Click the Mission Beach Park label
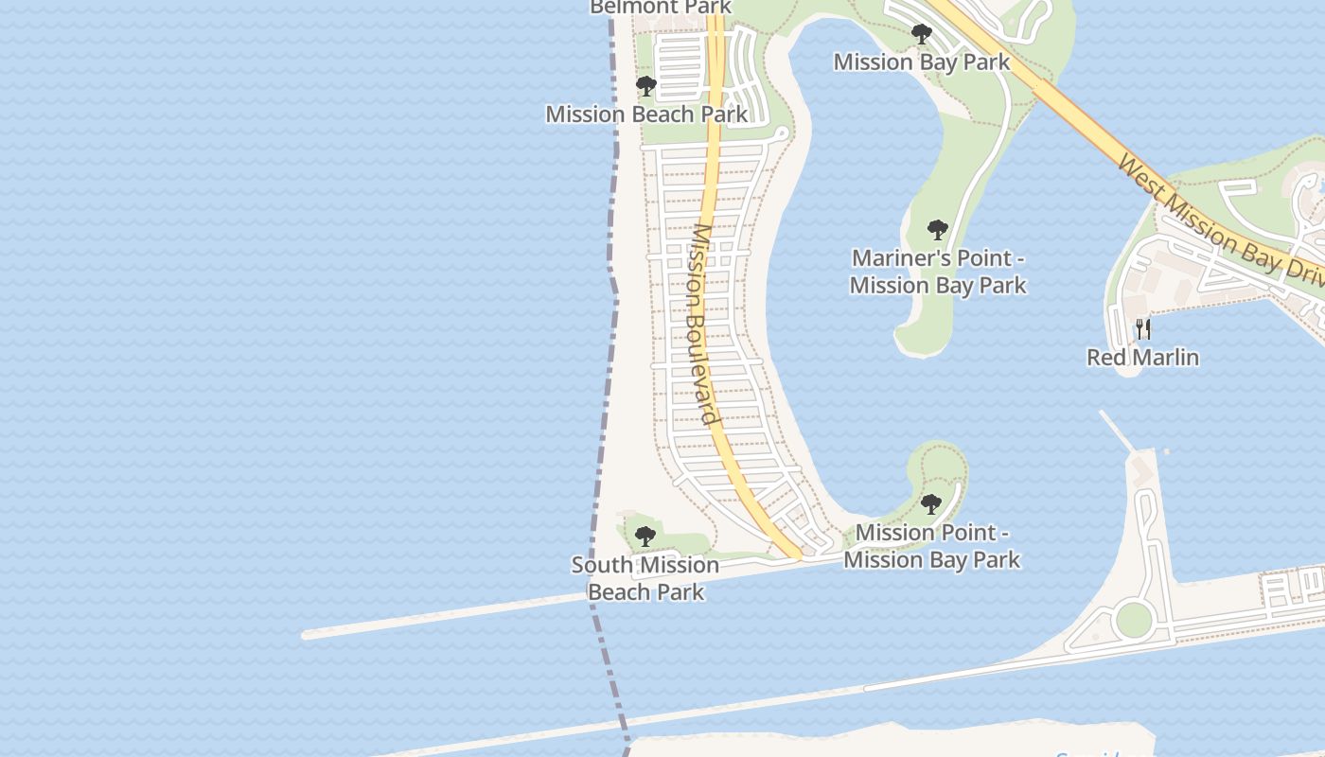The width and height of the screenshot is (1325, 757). click(x=646, y=114)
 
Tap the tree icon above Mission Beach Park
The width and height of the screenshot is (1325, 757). click(x=646, y=87)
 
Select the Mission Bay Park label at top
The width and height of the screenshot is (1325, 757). click(x=921, y=62)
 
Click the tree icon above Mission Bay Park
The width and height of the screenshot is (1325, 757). click(x=921, y=35)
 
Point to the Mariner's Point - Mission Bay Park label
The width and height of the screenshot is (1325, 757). click(x=937, y=272)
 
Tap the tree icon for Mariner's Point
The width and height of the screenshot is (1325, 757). click(x=937, y=230)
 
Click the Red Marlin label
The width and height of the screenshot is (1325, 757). click(x=1142, y=358)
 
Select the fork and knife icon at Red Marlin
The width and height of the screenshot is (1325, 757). click(x=1143, y=329)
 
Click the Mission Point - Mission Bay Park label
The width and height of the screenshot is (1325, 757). click(x=931, y=546)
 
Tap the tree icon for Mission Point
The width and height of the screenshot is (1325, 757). click(x=931, y=503)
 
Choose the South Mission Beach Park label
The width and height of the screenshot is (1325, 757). click(x=645, y=578)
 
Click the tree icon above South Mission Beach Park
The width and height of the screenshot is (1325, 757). click(x=645, y=537)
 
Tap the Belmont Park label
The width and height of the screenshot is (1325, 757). click(x=661, y=8)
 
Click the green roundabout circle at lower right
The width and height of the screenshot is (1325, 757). click(x=1133, y=620)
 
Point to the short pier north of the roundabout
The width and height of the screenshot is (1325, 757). click(x=1117, y=431)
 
